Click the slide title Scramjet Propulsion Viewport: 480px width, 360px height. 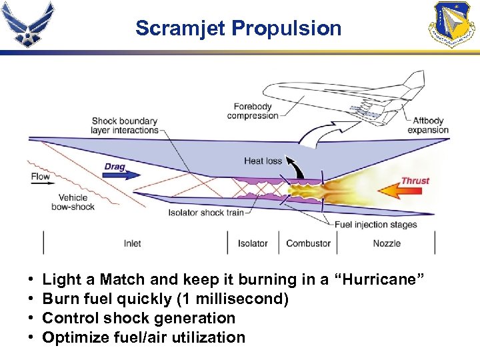[238, 29]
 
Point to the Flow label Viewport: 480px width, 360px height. [41, 177]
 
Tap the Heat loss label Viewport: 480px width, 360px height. [263, 161]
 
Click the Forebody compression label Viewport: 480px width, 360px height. [252, 111]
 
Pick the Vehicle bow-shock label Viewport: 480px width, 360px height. [73, 202]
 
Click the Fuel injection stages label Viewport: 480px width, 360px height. [375, 225]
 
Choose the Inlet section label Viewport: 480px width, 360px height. [132, 243]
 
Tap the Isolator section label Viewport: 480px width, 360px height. [253, 243]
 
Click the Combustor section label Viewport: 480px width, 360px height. [308, 243]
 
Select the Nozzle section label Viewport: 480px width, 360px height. [387, 243]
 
